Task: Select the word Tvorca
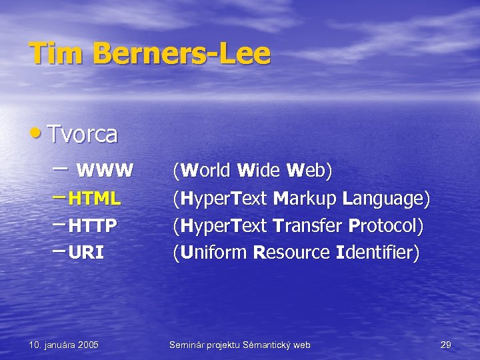coord(82,135)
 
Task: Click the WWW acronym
coord(105,171)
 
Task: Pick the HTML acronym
coord(94,199)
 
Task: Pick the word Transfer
coord(312,226)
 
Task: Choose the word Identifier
coord(376,253)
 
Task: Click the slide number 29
coord(446,345)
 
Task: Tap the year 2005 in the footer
coord(87,345)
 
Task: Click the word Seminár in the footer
coord(188,345)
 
